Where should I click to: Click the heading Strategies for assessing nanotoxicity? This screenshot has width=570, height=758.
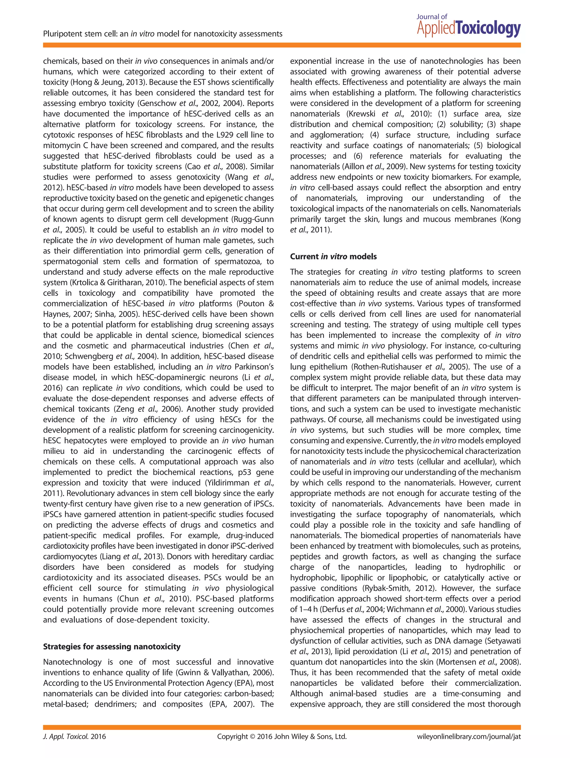[112, 647]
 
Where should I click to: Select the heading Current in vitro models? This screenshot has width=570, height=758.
[333, 257]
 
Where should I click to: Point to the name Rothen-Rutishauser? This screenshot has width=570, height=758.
[387, 367]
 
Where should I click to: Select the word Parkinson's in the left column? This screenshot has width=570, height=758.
[254, 367]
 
